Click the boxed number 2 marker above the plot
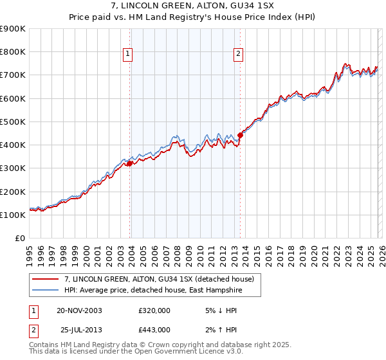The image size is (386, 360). [x=239, y=55]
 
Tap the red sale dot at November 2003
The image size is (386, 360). [x=130, y=163]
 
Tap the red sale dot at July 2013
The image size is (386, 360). [x=241, y=135]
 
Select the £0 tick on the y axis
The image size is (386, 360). [x=19, y=238]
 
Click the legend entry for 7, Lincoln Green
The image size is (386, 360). [x=160, y=279]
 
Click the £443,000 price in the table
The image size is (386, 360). [x=154, y=329]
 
